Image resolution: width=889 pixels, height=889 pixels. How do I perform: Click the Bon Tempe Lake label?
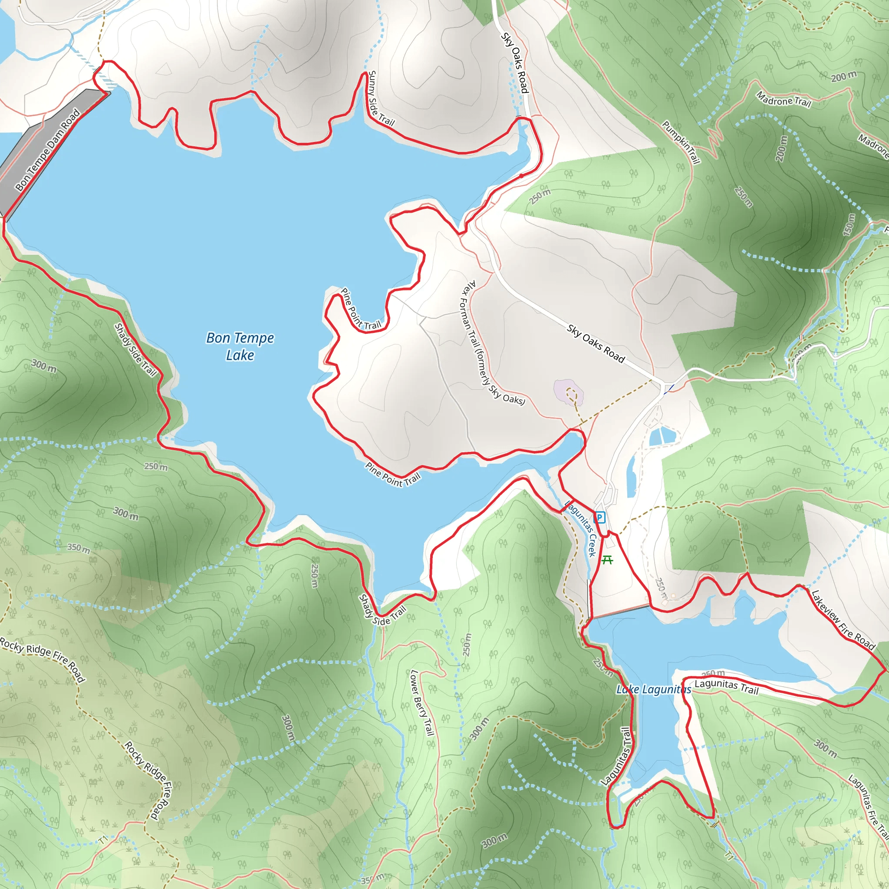tap(240, 346)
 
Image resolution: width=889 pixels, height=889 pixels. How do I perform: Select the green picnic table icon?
tap(607, 560)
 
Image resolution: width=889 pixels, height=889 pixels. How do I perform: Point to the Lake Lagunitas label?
tap(653, 689)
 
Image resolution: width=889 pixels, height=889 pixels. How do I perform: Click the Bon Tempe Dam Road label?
tap(47, 150)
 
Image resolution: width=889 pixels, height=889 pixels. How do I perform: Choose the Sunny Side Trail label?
tap(380, 99)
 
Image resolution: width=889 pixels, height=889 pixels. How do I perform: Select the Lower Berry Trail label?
tap(422, 703)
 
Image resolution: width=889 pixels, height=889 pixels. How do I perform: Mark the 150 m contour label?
tap(849, 224)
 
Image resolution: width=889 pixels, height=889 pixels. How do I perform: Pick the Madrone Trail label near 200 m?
tap(783, 99)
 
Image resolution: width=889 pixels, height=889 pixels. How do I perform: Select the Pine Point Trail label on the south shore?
tap(393, 474)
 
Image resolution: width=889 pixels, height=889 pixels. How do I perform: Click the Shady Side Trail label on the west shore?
tap(136, 350)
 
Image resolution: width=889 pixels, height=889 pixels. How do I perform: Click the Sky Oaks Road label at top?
tap(515, 63)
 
